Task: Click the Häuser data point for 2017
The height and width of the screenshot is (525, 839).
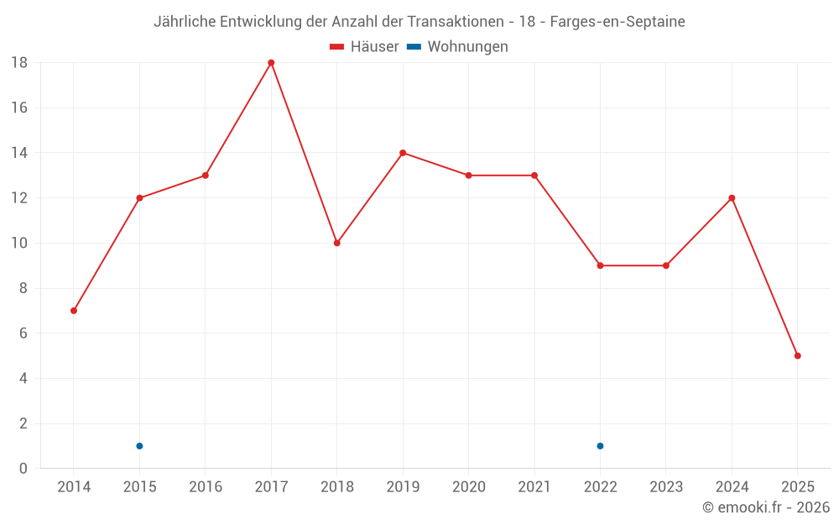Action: click(271, 63)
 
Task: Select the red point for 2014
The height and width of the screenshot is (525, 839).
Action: click(74, 311)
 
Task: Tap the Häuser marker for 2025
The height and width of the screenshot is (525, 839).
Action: click(797, 356)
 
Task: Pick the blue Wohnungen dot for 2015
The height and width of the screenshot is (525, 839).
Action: click(139, 446)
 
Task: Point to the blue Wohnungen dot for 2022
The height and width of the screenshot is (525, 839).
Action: click(600, 446)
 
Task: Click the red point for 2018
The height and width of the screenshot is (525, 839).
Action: click(336, 243)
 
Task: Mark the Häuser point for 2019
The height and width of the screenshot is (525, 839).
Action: click(403, 153)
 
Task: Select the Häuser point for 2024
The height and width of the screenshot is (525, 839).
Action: click(732, 198)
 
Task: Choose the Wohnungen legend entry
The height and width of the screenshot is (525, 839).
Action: click(467, 47)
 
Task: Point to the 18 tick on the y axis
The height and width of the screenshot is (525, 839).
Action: click(18, 63)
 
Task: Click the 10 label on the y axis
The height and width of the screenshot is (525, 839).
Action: click(18, 244)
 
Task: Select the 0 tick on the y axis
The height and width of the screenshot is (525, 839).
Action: click(23, 469)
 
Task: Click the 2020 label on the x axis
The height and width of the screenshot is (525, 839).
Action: click(468, 487)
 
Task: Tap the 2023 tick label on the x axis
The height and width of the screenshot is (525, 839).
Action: click(666, 487)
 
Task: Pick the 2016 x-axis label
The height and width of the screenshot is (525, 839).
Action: click(206, 487)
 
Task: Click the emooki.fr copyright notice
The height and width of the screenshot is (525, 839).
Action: click(766, 507)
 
